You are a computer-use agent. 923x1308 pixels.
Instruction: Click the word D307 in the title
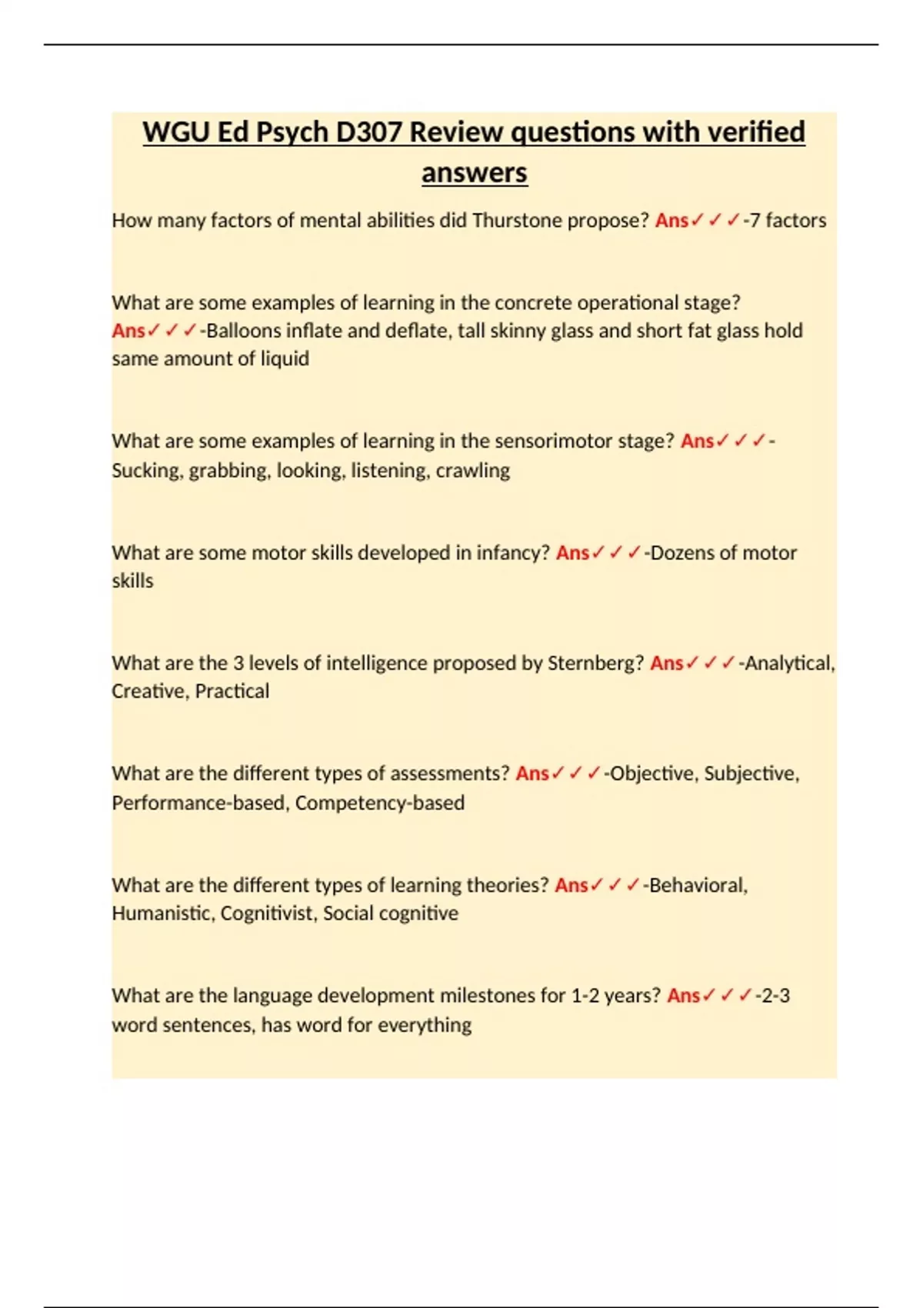(x=369, y=132)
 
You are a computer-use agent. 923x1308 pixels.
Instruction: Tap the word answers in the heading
(x=474, y=173)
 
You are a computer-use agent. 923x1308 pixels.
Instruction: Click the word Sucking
(x=146, y=470)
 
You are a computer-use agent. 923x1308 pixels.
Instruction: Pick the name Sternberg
(x=595, y=663)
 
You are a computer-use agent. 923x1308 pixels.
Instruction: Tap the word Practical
(x=232, y=691)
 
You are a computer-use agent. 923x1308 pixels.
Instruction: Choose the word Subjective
(x=751, y=773)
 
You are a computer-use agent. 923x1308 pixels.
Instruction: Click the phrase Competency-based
(x=379, y=802)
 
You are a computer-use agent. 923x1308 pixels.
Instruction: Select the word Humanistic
(x=162, y=913)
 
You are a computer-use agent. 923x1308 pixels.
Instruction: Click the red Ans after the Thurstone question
(x=671, y=221)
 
